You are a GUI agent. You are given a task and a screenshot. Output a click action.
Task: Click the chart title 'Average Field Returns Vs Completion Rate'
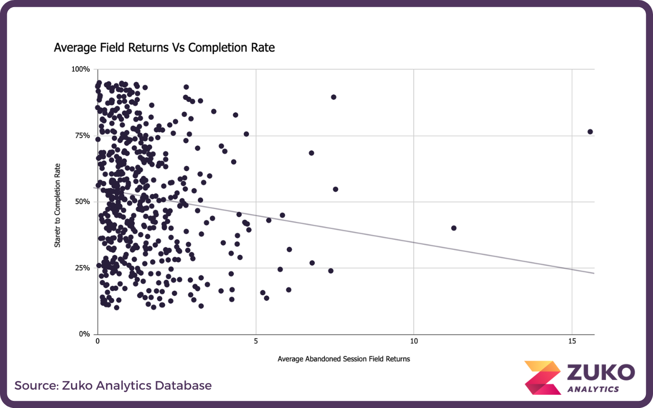pos(164,48)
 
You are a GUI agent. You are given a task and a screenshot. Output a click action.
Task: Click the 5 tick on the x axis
pos(256,341)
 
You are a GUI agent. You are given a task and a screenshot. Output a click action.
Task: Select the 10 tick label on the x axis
pos(414,341)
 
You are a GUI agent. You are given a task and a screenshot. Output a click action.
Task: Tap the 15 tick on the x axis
pos(572,341)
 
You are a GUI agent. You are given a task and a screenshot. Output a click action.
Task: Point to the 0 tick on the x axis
pos(98,341)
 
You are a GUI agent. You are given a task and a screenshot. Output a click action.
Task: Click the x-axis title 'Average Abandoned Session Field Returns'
pos(344,359)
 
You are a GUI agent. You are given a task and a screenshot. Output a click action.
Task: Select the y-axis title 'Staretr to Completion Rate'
pos(58,206)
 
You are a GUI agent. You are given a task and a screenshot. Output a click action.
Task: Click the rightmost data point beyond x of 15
pos(590,132)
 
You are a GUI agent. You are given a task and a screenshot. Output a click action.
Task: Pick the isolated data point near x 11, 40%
pos(454,228)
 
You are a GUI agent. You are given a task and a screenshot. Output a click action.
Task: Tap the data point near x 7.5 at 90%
pos(334,97)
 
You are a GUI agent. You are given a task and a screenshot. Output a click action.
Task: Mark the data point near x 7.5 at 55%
pos(336,189)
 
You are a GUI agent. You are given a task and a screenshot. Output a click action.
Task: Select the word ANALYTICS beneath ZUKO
pos(593,389)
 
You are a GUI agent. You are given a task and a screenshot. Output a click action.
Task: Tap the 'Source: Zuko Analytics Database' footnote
pos(113,386)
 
